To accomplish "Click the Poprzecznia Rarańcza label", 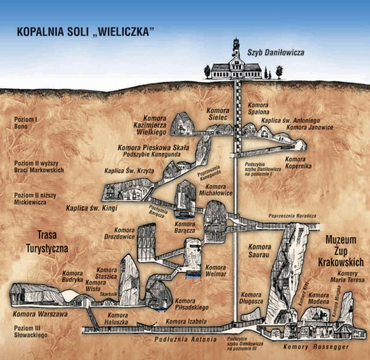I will tap(293, 216).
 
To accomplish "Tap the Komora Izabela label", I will tap(185, 321).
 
